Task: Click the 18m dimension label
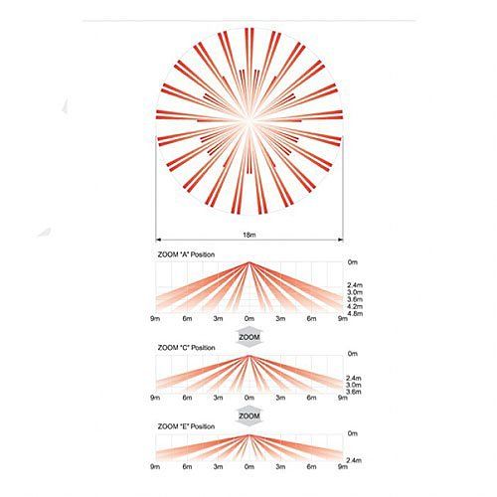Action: coord(249,235)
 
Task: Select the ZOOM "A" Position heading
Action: coord(186,254)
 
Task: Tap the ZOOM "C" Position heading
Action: coord(186,348)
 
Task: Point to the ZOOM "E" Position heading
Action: coord(186,426)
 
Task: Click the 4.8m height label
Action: coord(355,313)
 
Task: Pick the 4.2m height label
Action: coord(355,306)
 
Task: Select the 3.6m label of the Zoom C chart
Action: coord(354,392)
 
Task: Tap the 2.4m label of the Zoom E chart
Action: coord(354,460)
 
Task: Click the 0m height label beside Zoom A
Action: coord(353,262)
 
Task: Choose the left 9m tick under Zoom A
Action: coord(155,318)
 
